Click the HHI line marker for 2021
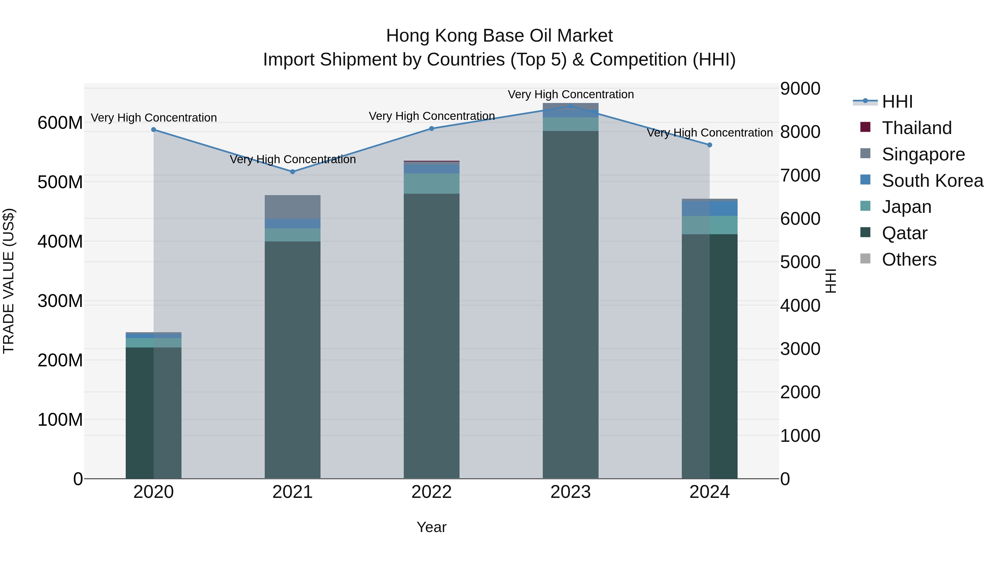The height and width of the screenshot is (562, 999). [x=292, y=172]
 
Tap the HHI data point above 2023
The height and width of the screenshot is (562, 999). [x=571, y=106]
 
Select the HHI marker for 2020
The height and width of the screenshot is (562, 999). [x=153, y=130]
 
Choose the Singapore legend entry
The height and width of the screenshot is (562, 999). [x=923, y=154]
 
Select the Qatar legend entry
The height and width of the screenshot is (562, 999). [x=904, y=233]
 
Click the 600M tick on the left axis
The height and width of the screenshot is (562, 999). [x=60, y=123]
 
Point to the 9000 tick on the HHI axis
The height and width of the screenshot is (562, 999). [x=800, y=89]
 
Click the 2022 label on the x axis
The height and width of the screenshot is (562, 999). [x=431, y=492]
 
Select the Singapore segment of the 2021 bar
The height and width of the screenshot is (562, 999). [x=292, y=207]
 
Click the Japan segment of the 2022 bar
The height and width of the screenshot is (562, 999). [x=431, y=183]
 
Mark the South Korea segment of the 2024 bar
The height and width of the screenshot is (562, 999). [x=709, y=208]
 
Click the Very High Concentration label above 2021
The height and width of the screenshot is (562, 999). [x=292, y=159]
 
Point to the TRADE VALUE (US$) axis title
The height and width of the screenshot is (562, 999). [x=9, y=281]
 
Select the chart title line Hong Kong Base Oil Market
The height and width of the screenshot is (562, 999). [x=499, y=36]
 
